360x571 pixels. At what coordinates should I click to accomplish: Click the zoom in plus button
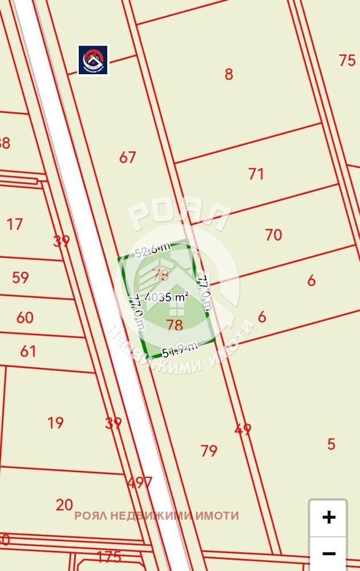point(329,517)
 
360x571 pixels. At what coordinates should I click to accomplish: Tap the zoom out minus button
point(329,553)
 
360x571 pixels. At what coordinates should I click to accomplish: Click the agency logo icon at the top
point(93,60)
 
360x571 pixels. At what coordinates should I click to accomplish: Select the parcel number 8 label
point(229,74)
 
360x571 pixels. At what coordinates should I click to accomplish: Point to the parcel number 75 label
point(347,60)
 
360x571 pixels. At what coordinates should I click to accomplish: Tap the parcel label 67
point(128,157)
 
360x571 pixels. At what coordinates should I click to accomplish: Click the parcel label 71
point(256,174)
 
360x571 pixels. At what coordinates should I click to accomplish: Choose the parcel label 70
point(273,234)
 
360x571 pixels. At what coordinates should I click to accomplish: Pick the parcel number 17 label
point(15,224)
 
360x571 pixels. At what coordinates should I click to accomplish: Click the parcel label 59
point(21,278)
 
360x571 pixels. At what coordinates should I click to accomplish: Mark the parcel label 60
point(25,317)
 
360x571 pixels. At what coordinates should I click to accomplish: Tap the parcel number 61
point(28,351)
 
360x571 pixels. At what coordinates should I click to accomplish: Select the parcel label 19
point(55,423)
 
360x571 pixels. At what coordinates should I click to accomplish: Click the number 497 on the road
point(140,483)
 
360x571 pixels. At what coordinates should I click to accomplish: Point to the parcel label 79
point(209,451)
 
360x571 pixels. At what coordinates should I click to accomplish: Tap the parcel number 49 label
point(243,429)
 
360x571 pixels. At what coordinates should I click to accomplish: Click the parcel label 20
point(64,504)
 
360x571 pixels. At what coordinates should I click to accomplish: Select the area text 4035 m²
point(167,297)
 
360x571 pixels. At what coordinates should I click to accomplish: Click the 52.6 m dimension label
point(152,250)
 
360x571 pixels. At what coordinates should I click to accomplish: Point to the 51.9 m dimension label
point(180,349)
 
